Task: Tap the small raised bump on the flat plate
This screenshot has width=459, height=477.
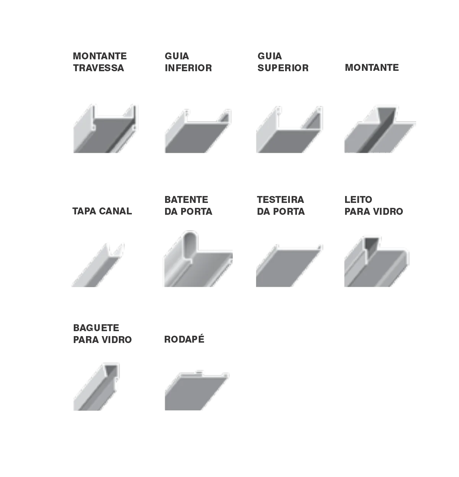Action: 198,371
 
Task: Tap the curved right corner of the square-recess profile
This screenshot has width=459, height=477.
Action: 405,253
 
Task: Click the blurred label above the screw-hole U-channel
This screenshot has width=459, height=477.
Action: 100,63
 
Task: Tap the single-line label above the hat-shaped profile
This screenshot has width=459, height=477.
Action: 373,67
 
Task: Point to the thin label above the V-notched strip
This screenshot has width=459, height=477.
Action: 102,209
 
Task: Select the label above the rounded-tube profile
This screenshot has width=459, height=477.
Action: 189,207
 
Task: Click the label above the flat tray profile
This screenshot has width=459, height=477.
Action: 281,207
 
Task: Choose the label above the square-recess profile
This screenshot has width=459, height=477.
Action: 373,207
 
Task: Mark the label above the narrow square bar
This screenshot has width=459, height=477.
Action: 102,332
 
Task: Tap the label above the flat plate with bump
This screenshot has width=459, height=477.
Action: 183,338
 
